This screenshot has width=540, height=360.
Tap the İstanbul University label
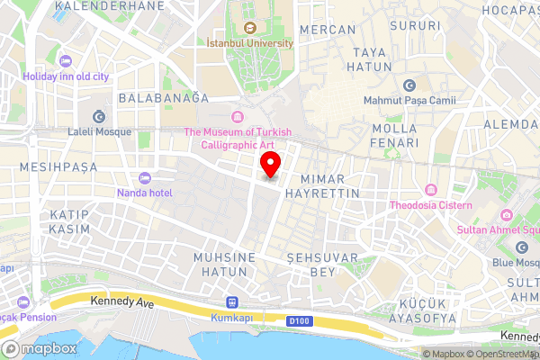click(x=251, y=42)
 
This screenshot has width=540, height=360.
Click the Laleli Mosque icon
click(x=98, y=115)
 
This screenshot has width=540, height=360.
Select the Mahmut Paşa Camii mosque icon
click(x=409, y=85)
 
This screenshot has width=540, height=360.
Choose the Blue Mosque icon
click(x=521, y=247)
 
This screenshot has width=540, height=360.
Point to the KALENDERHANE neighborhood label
click(x=109, y=5)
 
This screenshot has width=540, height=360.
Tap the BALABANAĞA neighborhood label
click(x=169, y=97)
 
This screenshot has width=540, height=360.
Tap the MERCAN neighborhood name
click(x=327, y=30)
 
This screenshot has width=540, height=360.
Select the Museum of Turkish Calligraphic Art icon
click(x=238, y=117)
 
